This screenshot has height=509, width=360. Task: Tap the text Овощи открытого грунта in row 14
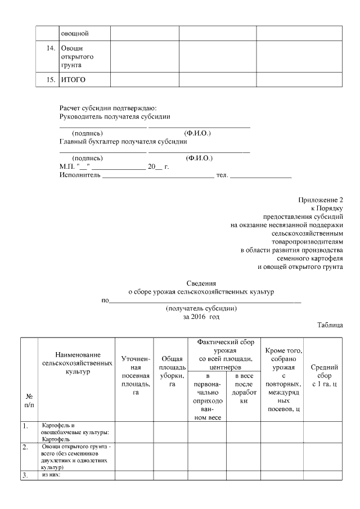pos(76,57)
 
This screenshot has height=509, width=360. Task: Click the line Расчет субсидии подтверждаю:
pos(108,108)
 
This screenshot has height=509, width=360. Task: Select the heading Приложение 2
pos(321,200)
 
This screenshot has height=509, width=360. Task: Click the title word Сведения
pos(201,284)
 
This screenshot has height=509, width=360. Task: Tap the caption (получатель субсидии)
pos(201,309)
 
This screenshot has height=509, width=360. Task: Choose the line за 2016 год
pos(201,317)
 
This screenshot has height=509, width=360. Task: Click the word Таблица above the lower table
pos(330,326)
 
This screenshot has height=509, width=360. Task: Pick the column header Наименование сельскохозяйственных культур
pos(78,363)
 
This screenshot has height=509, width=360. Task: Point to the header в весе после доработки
pos(244,388)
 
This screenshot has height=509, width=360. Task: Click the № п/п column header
pos(29,400)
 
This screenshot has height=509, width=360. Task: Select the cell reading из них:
pos(51,475)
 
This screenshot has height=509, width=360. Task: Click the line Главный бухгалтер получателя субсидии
pos(123,141)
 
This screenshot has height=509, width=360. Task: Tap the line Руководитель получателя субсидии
pos(115,116)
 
